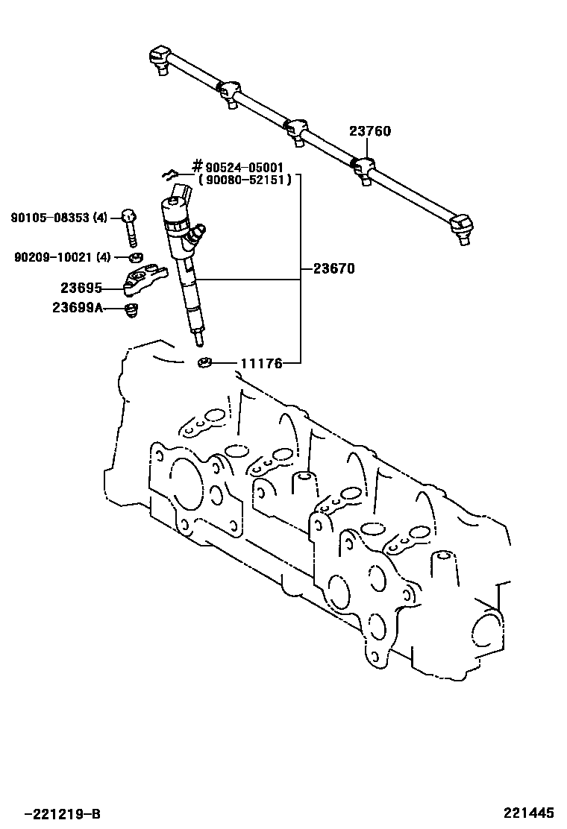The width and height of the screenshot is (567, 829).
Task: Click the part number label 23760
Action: tap(369, 132)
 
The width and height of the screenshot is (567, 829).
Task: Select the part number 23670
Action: tap(333, 270)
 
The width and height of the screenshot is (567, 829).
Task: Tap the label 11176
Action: tap(260, 364)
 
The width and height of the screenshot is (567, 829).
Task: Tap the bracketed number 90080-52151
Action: tap(245, 180)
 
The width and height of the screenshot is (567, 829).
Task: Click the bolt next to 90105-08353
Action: tap(130, 226)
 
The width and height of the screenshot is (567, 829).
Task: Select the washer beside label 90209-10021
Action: tap(136, 258)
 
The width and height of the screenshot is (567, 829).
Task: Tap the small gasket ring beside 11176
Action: tap(205, 363)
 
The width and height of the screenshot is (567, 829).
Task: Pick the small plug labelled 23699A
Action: tap(131, 309)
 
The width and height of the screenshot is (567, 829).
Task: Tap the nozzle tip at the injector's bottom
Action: tap(199, 340)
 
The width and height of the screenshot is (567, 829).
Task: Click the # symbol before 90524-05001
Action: tap(198, 167)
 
